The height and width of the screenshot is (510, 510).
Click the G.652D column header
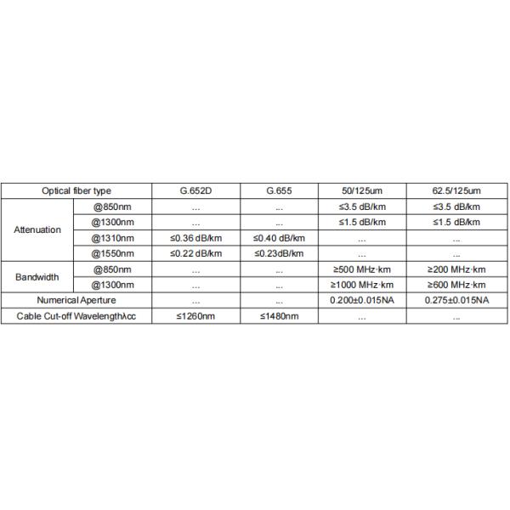(195, 191)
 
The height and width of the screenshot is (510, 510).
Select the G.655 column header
(280, 191)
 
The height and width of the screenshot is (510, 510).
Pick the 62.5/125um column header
(456, 191)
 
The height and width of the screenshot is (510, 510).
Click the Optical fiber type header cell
(76, 191)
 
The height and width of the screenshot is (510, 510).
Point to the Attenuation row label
(37, 229)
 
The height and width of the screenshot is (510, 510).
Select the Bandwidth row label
(37, 277)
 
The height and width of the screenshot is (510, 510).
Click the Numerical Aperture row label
(76, 300)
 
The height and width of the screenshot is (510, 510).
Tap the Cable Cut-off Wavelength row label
(76, 316)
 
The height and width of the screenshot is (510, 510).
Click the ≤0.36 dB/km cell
(195, 237)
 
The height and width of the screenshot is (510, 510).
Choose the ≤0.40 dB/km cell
(280, 237)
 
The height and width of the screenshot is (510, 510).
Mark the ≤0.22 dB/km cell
(195, 253)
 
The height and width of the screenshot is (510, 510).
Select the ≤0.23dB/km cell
(280, 253)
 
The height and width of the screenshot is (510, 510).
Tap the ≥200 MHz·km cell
(456, 269)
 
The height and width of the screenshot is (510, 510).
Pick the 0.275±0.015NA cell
(456, 300)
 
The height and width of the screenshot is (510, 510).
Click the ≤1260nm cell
(195, 316)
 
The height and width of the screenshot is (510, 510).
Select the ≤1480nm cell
(280, 316)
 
